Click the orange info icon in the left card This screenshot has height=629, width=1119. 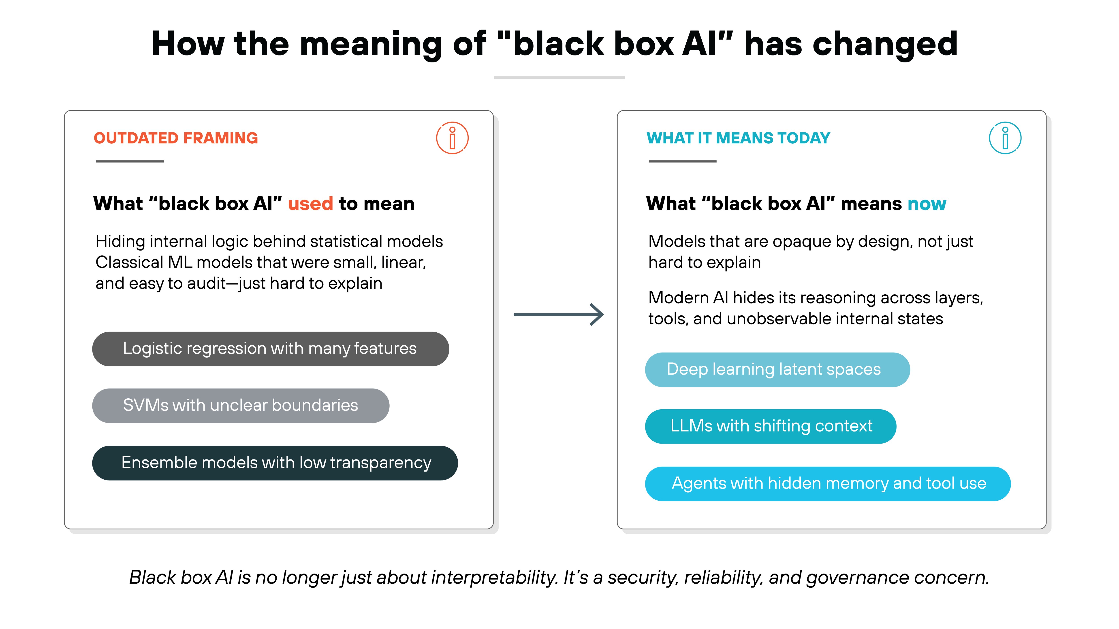point(452,138)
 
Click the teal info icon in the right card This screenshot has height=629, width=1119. point(1005,138)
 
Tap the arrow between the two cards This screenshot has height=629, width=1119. point(559,314)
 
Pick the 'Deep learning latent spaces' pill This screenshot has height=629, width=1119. point(777,369)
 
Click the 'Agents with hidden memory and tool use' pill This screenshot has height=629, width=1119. point(828,484)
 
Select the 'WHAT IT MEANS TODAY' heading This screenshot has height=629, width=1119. point(738,138)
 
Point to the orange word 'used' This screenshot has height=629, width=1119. point(310,204)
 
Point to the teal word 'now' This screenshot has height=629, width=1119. point(927,204)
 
